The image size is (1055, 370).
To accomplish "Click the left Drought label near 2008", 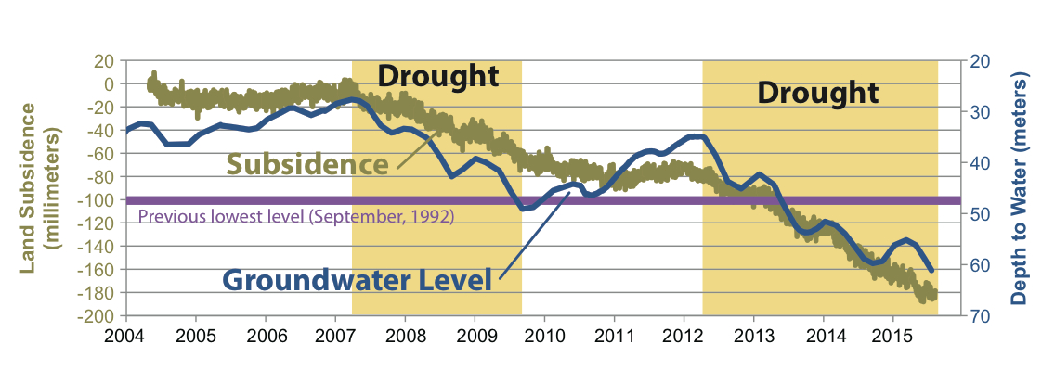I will click(x=438, y=74).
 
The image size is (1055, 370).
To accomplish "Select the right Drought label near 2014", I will click(x=817, y=93).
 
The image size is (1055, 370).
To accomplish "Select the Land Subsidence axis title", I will click(x=37, y=188).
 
